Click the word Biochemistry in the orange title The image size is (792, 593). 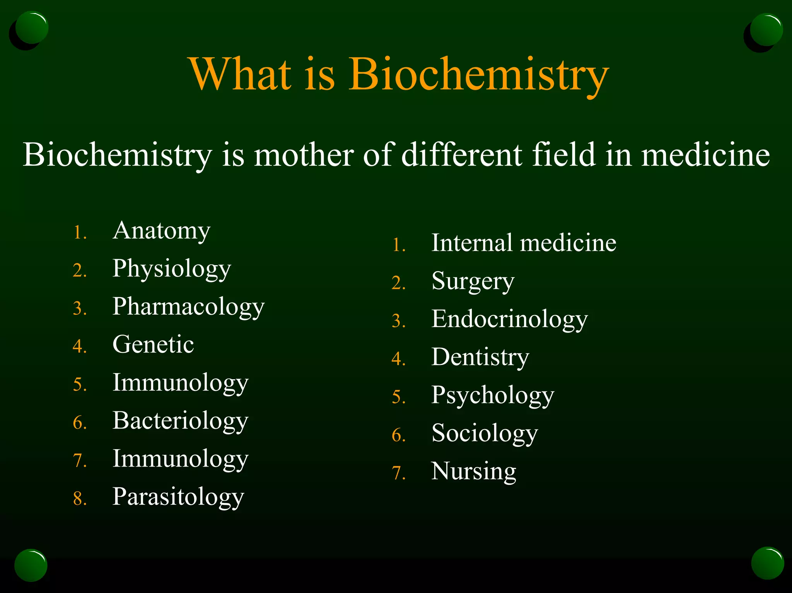pos(478,74)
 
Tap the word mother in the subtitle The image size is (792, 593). pos(303,155)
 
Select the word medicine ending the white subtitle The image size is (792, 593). pos(705,155)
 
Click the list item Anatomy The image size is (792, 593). pos(161,231)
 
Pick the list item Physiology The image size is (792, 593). pos(171,269)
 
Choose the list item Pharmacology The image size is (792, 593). pos(188,307)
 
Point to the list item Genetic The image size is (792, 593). pos(153,344)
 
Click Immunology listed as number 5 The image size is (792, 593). pos(180,383)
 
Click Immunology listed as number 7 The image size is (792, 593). pos(180,459)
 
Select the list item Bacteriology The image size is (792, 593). pos(180,421)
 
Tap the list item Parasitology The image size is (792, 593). pos(178,497)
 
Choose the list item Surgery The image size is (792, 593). pos(473,281)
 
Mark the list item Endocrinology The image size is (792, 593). pos(509,319)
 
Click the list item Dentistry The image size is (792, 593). pos(480,357)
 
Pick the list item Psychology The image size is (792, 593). pos(493,395)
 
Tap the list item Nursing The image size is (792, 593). pos(473,471)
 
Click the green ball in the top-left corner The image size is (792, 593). pos(32,27)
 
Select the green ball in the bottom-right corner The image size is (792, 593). pos(767,563)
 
